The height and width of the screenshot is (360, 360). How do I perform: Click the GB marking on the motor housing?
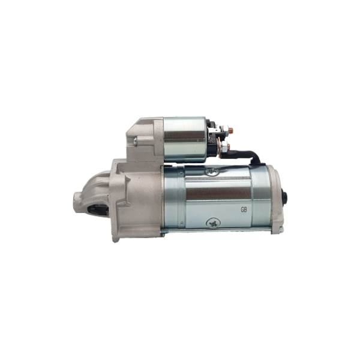click(x=244, y=209)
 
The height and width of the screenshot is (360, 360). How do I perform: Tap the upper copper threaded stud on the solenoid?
click(x=231, y=130)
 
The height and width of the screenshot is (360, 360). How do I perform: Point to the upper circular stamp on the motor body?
click(x=212, y=171)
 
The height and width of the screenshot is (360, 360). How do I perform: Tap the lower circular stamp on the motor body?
click(x=213, y=223)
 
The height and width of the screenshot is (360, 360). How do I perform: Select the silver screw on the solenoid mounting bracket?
click(x=135, y=141)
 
